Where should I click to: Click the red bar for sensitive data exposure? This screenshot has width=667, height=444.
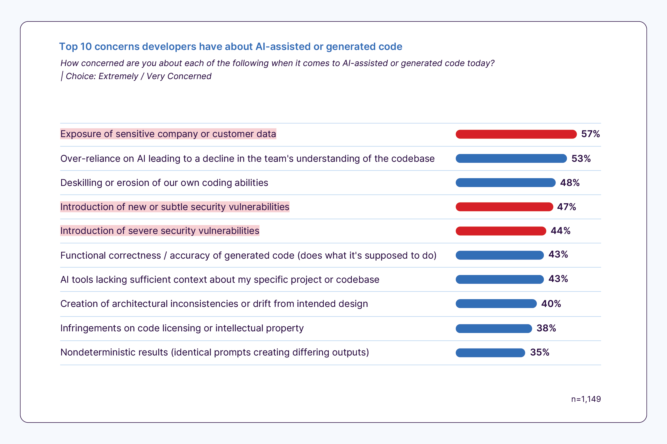[516, 134]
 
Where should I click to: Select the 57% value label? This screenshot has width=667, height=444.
[590, 134]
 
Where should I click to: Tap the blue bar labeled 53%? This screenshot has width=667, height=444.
[511, 158]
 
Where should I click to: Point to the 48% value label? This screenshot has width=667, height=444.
[570, 183]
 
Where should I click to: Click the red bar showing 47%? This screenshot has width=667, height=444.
[504, 207]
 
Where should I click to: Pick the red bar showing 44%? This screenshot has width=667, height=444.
[501, 231]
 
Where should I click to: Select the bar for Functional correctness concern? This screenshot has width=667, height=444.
[500, 255]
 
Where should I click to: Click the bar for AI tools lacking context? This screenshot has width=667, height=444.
[500, 279]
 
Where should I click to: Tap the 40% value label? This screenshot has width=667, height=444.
[551, 304]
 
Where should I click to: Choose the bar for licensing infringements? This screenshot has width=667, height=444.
[494, 329]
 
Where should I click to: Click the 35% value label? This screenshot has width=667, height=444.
[540, 352]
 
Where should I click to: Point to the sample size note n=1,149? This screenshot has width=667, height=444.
[586, 399]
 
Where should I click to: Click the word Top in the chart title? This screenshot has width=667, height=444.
[68, 47]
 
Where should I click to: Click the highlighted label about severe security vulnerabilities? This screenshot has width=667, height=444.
[160, 231]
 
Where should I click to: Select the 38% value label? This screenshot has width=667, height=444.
[546, 328]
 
